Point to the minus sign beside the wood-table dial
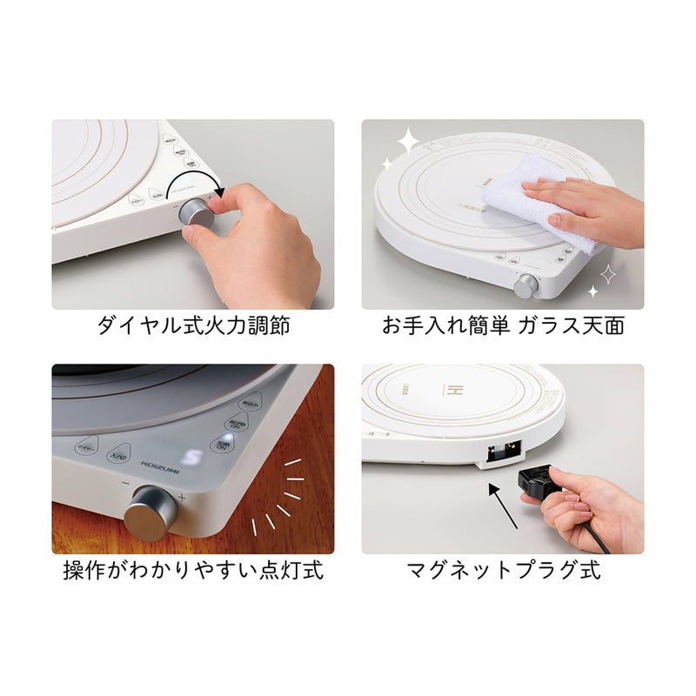(127, 484)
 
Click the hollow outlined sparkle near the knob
(608, 274)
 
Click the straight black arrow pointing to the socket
(504, 507)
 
